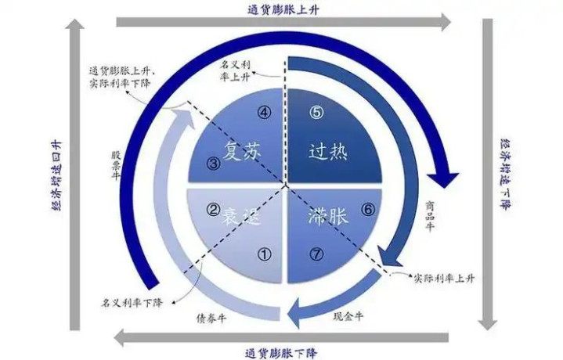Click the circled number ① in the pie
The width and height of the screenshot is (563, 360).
[264, 254]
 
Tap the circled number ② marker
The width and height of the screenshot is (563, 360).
[213, 210]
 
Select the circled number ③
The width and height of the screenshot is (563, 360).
[214, 164]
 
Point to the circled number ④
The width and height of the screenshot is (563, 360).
[264, 113]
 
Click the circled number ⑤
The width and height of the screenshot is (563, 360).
[316, 113]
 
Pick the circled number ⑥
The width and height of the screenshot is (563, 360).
[368, 210]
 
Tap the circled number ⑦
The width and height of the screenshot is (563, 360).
[316, 254]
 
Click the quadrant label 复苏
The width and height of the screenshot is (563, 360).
[241, 151]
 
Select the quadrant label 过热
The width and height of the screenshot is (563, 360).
[328, 152]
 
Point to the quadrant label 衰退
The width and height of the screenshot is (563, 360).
[240, 217]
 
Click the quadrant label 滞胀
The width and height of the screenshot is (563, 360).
[328, 216]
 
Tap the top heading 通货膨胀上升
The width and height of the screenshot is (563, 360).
[283, 9]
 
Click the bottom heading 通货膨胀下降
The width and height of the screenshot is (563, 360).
[282, 353]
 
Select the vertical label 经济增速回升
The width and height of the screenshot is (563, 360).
[57, 175]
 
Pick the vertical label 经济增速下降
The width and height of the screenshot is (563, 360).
[506, 175]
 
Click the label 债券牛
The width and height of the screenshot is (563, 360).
[212, 319]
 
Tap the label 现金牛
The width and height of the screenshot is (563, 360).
[348, 316]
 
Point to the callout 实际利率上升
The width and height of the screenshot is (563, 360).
[445, 278]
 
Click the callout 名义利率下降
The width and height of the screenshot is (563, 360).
[132, 303]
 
